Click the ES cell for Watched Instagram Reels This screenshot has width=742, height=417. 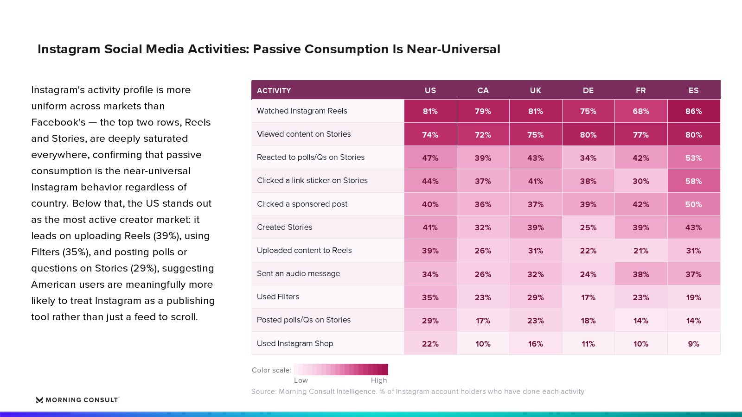coord(694,111)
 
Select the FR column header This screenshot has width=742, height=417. coord(640,90)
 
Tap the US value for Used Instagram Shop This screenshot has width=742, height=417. coord(430,344)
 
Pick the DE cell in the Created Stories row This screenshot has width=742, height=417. coord(588,227)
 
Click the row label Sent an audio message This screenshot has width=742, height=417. coord(298,274)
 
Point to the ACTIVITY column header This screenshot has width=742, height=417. coord(274,90)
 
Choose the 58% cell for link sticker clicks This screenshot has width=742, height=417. coord(694,181)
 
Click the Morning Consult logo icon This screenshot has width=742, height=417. coord(39,400)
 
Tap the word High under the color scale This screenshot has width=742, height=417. coord(378,380)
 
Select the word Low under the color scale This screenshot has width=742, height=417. coord(301,380)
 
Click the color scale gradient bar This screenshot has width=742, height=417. coord(340,369)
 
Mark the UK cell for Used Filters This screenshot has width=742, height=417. coord(535,297)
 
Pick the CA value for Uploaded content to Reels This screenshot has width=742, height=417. coord(483,251)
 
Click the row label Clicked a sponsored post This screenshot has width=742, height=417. coord(302,204)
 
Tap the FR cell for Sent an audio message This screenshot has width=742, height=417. coord(640,274)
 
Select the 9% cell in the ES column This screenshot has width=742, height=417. coord(694,344)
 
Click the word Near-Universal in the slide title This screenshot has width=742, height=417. coord(453,49)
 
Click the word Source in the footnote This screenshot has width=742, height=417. coord(263,392)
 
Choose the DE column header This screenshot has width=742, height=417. coord(588,90)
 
